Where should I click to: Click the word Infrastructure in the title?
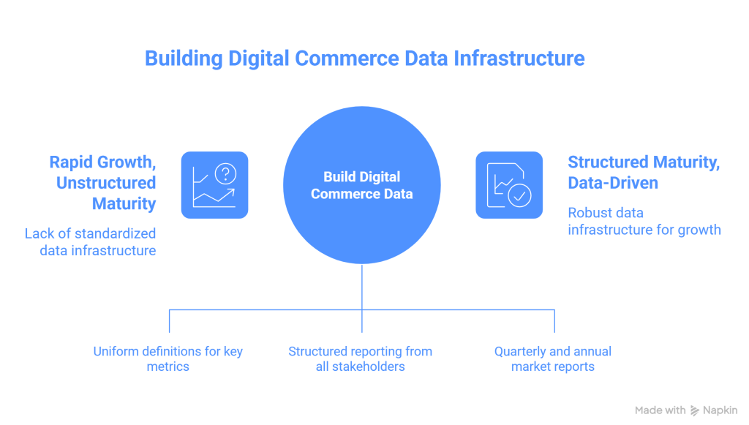(x=519, y=58)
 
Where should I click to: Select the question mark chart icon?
(x=214, y=184)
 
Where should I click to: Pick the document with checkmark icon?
(x=509, y=184)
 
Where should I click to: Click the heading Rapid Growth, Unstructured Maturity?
(x=102, y=183)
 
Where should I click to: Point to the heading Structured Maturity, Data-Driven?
(x=644, y=173)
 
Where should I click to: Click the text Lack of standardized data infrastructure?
(x=90, y=242)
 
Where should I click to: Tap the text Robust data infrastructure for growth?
(x=644, y=221)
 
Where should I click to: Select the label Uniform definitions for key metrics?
(x=168, y=358)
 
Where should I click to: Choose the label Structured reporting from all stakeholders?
(x=361, y=358)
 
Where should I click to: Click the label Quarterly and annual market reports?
(x=553, y=358)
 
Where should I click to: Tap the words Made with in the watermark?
(x=660, y=410)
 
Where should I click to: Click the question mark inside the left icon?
(x=225, y=173)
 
